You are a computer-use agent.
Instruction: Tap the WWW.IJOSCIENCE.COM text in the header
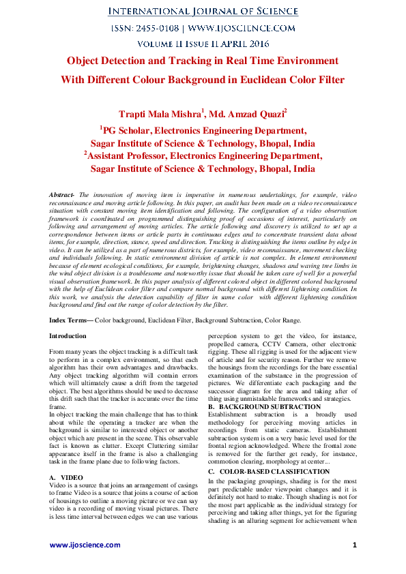[241, 28]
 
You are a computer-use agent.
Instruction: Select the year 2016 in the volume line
[255, 44]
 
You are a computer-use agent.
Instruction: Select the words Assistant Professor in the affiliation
[127, 156]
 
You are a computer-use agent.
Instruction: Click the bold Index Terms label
[71, 320]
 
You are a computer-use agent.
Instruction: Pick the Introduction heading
[68, 336]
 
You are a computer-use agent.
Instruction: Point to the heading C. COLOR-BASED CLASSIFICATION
[269, 472]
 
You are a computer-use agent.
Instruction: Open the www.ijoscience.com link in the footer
[84, 545]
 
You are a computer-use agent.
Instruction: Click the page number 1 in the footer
[355, 545]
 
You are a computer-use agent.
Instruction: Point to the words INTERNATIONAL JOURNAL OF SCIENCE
[203, 12]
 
